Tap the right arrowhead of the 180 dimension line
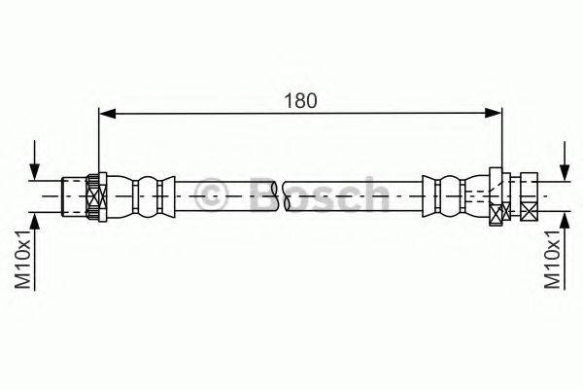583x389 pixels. click(496, 115)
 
